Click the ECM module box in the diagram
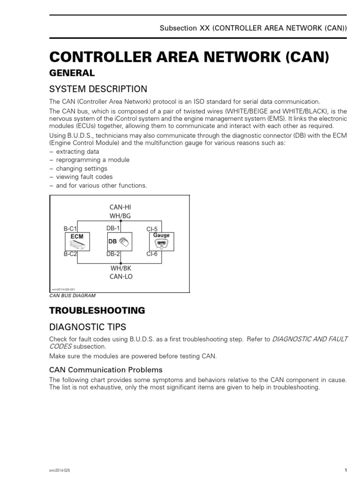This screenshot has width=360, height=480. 77,242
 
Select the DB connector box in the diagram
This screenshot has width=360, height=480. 119,242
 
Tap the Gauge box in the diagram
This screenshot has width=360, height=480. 161,241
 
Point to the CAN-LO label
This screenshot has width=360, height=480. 121,277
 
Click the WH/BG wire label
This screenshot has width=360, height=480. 120,215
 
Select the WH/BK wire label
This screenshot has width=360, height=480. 121,268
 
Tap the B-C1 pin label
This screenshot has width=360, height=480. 70,229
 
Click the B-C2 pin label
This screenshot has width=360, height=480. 70,254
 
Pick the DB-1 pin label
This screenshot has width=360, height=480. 113,228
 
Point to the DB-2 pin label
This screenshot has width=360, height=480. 113,254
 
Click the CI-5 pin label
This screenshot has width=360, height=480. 152,229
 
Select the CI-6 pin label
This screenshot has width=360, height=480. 152,254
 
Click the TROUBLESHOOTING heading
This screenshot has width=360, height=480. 97,310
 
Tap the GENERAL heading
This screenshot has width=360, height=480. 72,73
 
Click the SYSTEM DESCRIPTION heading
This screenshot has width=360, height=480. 98,89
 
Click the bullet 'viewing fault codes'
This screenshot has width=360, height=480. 84,177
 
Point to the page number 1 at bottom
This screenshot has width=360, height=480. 345,470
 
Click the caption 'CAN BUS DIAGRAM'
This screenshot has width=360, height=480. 72,296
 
